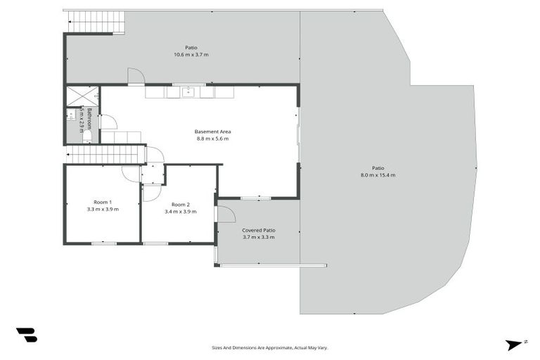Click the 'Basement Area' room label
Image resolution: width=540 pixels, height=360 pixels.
coord(212,131)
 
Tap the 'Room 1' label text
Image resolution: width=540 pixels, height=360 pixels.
coord(103,202)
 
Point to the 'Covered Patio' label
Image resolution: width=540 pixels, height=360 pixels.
coord(259,230)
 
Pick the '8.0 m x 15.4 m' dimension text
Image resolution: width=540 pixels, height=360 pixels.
coord(378,175)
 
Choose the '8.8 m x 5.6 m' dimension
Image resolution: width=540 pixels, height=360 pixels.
coord(212,139)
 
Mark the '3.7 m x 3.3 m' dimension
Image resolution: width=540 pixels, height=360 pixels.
coord(259,238)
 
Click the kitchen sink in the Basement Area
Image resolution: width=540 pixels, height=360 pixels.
coord(188,91)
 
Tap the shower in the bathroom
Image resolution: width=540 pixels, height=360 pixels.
coord(82,96)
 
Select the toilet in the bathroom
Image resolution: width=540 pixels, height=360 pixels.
coord(86,136)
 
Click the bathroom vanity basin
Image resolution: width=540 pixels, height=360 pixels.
coord(71,114)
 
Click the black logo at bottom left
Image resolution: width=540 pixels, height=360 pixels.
coord(26,335)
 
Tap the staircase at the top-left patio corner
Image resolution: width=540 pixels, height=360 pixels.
coord(96,22)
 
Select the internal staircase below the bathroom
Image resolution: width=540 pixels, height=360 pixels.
coord(105,154)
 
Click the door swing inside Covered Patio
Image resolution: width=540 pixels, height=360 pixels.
coord(225,213)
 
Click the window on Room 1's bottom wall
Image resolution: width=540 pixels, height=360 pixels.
coord(103,243)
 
